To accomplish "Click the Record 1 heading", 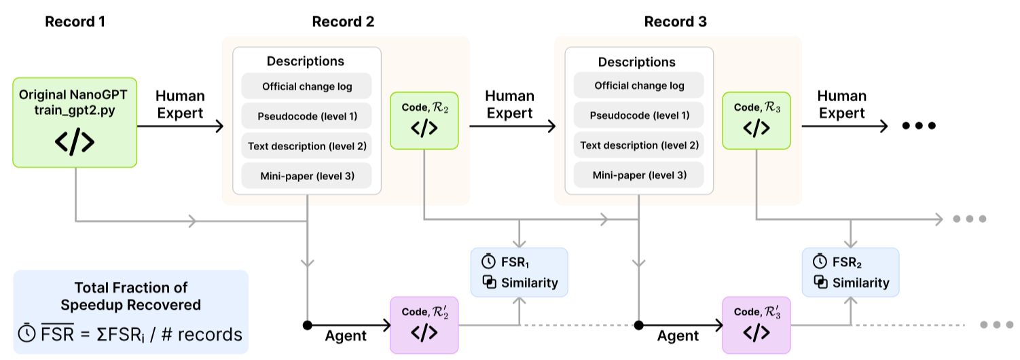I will tap(75, 22).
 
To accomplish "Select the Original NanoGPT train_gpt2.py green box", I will tap(75, 122).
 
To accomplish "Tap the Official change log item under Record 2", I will tap(306, 86).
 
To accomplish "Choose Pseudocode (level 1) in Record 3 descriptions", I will tap(638, 115).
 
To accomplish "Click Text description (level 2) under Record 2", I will tap(306, 146).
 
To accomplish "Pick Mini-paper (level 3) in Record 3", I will tap(638, 175).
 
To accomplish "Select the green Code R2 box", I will tap(424, 120).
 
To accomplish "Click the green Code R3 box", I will tap(755, 120).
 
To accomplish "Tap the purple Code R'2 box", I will tap(424, 325).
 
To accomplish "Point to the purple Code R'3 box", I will tap(756, 325).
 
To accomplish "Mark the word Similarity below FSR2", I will tap(860, 283).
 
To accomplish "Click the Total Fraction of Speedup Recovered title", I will tap(130, 296).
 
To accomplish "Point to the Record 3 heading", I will tap(675, 22).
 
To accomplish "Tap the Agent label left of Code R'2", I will tap(346, 335).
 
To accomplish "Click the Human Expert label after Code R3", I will tap(843, 105).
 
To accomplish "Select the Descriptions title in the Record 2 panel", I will tap(306, 61).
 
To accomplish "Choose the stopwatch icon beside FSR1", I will tap(488, 262).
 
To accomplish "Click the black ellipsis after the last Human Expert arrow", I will tap(919, 126).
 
